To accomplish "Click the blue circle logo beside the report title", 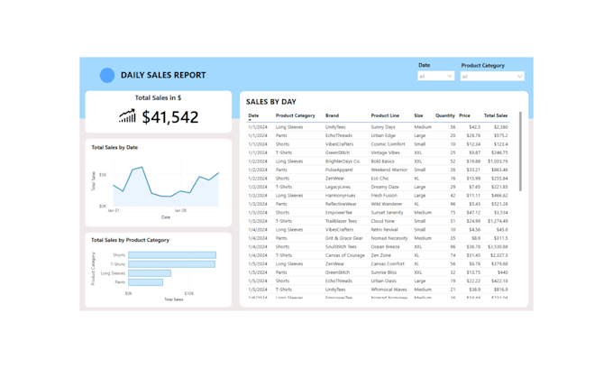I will coord(107,76).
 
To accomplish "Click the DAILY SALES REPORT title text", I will coord(163,76).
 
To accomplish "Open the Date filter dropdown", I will coord(436,77).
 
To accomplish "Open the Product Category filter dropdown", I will coord(492,77).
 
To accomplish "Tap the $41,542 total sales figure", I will coord(170,117).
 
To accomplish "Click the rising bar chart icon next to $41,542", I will coord(127,116).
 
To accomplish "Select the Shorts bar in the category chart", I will coord(171,255).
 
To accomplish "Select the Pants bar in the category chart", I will coord(145,282).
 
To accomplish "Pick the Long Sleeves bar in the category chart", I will coord(150,273).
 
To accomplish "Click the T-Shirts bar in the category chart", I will coord(171,264).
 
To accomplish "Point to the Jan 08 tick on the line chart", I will coord(180,211).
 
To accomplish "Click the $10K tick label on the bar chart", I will coord(189,293).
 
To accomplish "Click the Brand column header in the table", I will coord(332,115).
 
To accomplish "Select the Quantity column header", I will coord(445,115).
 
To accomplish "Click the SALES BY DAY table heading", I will coord(271,102).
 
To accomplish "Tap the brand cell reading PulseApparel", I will coord(340,170).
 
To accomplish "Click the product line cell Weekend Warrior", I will coord(389,170).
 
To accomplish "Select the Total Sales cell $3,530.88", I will coord(497,246).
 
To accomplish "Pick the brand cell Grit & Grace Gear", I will coord(344,238).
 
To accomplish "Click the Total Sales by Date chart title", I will coord(114,147).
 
